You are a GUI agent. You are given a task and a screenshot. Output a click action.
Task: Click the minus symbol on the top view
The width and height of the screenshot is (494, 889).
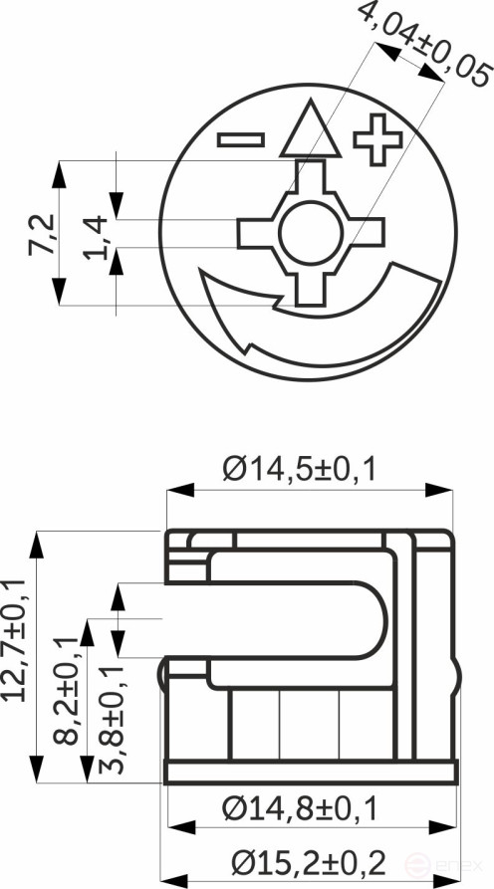coord(241,138)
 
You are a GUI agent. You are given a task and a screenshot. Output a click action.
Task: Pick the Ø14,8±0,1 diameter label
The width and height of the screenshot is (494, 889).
coord(299,809)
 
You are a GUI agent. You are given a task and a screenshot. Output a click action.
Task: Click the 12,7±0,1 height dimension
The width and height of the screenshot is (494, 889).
coord(15,637)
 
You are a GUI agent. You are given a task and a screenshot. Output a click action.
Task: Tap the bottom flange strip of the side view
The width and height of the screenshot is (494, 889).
coord(310,774)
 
